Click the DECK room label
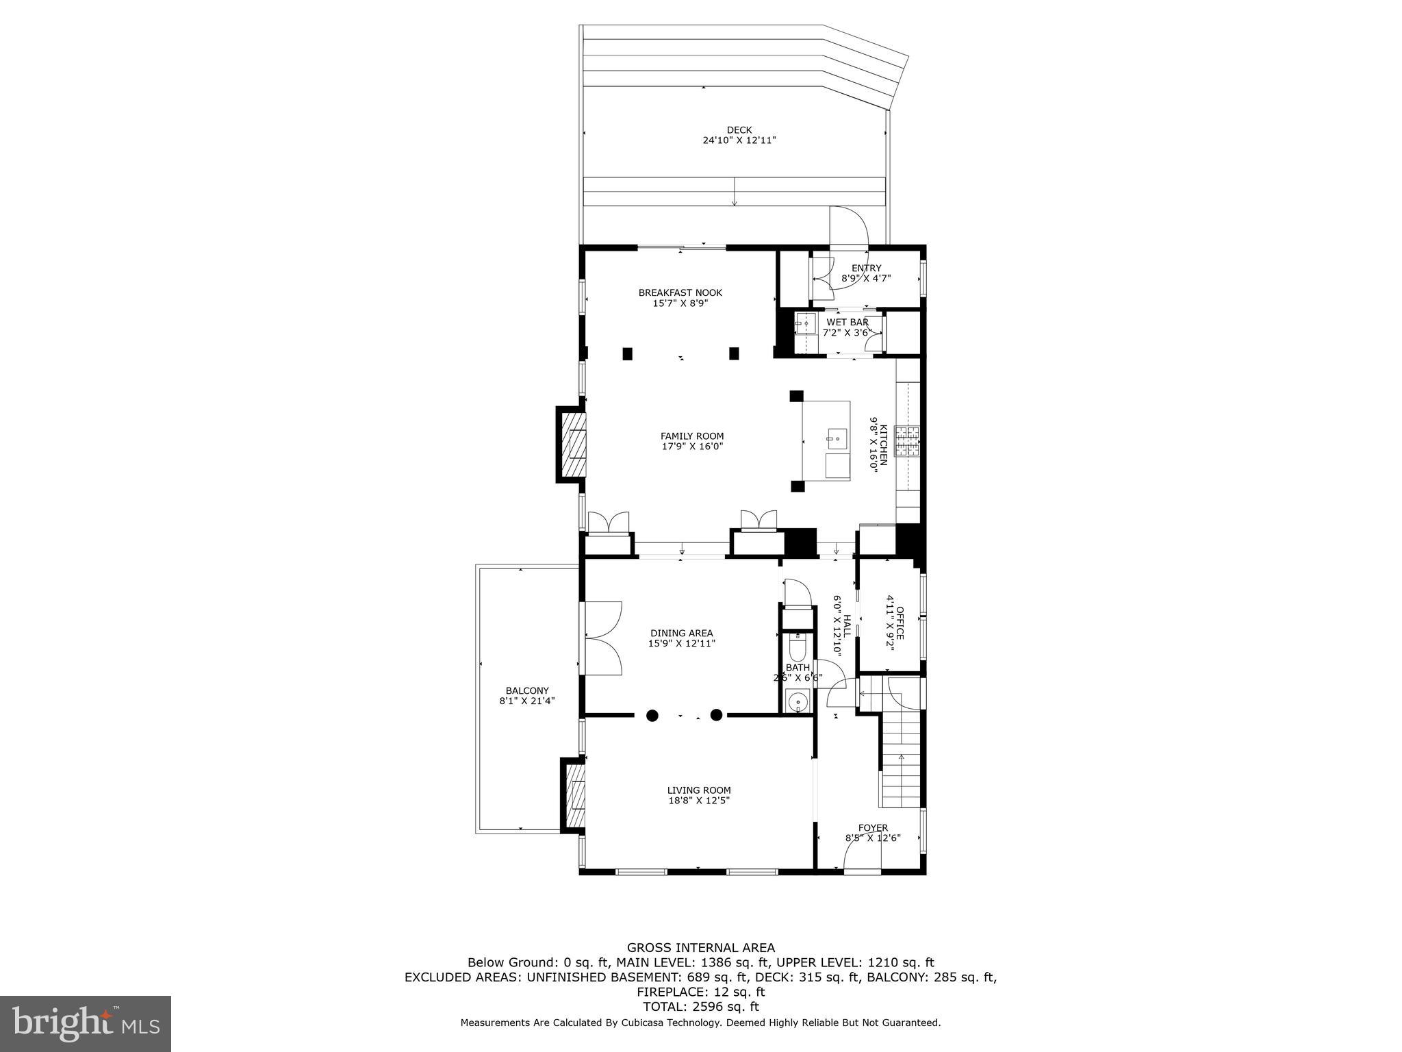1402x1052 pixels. coord(739,130)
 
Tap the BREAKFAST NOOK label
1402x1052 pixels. coord(680,292)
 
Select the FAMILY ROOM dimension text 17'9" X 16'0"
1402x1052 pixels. coord(691,447)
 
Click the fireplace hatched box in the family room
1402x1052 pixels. coord(574,444)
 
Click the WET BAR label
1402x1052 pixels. coord(847,322)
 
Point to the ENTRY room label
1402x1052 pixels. coord(866,268)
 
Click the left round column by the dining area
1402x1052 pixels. coord(652,716)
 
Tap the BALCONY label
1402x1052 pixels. coord(527,690)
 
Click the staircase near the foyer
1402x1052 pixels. coord(901,760)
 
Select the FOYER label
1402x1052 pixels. coord(873,827)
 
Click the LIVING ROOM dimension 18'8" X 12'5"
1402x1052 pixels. coord(698,800)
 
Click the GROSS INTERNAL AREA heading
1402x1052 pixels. coord(701,948)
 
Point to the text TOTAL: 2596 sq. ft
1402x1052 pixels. coord(701,1007)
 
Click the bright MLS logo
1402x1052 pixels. coord(86,1023)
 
